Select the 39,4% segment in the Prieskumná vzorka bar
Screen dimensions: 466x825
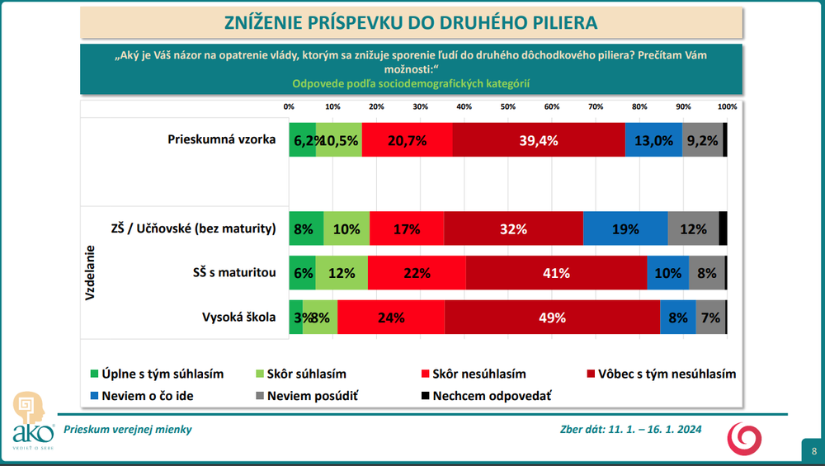[538, 140]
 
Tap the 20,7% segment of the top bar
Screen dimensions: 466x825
[407, 140]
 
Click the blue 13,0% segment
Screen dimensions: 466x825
[653, 140]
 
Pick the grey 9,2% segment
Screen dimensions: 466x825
[702, 140]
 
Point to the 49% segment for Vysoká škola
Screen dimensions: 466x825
[552, 318]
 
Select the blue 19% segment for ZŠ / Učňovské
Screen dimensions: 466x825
[625, 229]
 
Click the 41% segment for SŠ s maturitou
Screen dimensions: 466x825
[556, 273]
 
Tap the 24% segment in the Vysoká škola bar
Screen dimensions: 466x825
[390, 318]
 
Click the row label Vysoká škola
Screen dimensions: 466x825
[238, 317]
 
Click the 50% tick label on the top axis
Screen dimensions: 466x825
[507, 106]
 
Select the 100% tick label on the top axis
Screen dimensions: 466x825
[727, 106]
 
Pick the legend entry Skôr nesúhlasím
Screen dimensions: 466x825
[472, 374]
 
